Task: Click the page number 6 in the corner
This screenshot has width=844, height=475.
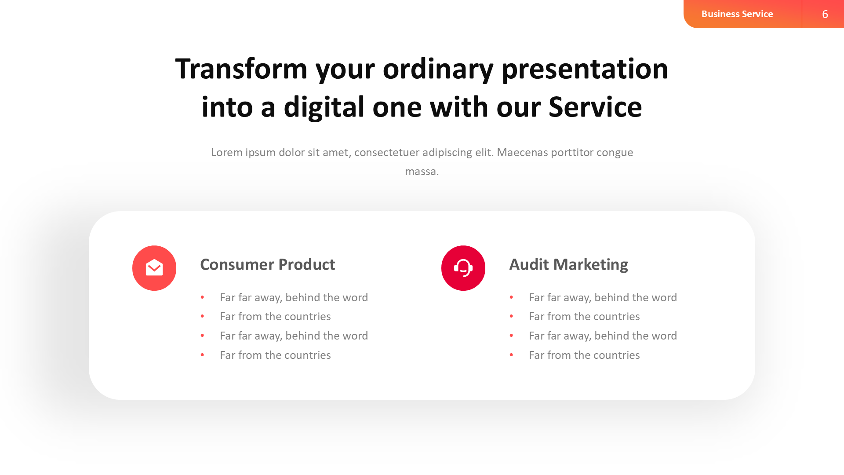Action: tap(825, 14)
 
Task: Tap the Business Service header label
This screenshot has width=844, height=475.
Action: tap(737, 14)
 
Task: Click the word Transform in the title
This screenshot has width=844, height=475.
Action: tap(241, 69)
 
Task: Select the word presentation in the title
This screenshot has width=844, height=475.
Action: tap(584, 69)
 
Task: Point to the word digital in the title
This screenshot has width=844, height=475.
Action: tap(324, 107)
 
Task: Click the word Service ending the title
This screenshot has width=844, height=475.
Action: tap(595, 107)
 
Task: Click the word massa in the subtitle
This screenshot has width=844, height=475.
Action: tap(421, 172)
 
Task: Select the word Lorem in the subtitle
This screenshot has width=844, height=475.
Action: tap(226, 153)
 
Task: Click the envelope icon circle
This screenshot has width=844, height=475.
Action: tap(154, 268)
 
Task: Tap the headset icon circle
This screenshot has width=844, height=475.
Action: tap(463, 268)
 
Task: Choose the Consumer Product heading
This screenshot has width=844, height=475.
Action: tap(267, 265)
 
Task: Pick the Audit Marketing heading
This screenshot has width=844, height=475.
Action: tap(568, 265)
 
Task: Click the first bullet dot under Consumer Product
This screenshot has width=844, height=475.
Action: tap(202, 298)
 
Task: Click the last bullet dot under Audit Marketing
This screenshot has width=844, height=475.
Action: tap(511, 355)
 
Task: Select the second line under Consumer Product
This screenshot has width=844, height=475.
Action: tap(275, 317)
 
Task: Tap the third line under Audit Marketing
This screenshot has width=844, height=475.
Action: tap(602, 336)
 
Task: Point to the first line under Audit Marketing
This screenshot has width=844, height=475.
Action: tap(602, 298)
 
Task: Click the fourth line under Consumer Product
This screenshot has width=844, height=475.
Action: tap(275, 355)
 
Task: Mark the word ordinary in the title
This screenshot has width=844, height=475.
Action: tap(438, 69)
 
